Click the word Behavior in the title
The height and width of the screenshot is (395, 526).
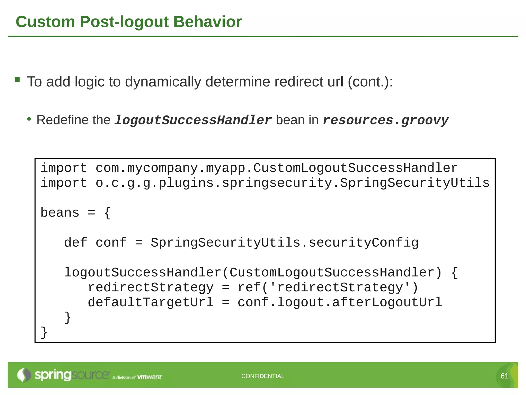tap(207, 22)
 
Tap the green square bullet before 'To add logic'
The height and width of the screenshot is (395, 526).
tap(17, 79)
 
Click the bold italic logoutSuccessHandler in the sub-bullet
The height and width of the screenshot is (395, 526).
tap(193, 120)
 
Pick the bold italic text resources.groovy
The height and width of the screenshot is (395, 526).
tap(385, 120)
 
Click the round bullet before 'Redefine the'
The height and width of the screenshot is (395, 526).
tap(29, 119)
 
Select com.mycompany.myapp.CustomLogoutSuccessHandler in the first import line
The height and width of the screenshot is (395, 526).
tap(276, 168)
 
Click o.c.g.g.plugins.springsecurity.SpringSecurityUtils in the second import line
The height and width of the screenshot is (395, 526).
tap(292, 183)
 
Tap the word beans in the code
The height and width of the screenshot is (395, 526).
tap(60, 213)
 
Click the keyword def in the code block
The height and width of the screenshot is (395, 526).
tap(76, 243)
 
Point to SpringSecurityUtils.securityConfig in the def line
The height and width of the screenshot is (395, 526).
tap(285, 243)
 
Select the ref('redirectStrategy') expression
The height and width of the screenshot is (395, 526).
tap(328, 288)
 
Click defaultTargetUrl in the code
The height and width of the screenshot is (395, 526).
tap(151, 302)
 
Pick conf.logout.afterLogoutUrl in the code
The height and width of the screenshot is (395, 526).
tap(340, 302)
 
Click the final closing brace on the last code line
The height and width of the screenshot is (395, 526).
tap(44, 332)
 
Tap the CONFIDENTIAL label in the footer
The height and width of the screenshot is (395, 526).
tap(263, 376)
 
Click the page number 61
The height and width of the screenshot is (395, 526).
tap(504, 376)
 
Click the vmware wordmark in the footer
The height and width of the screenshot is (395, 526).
tap(149, 377)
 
